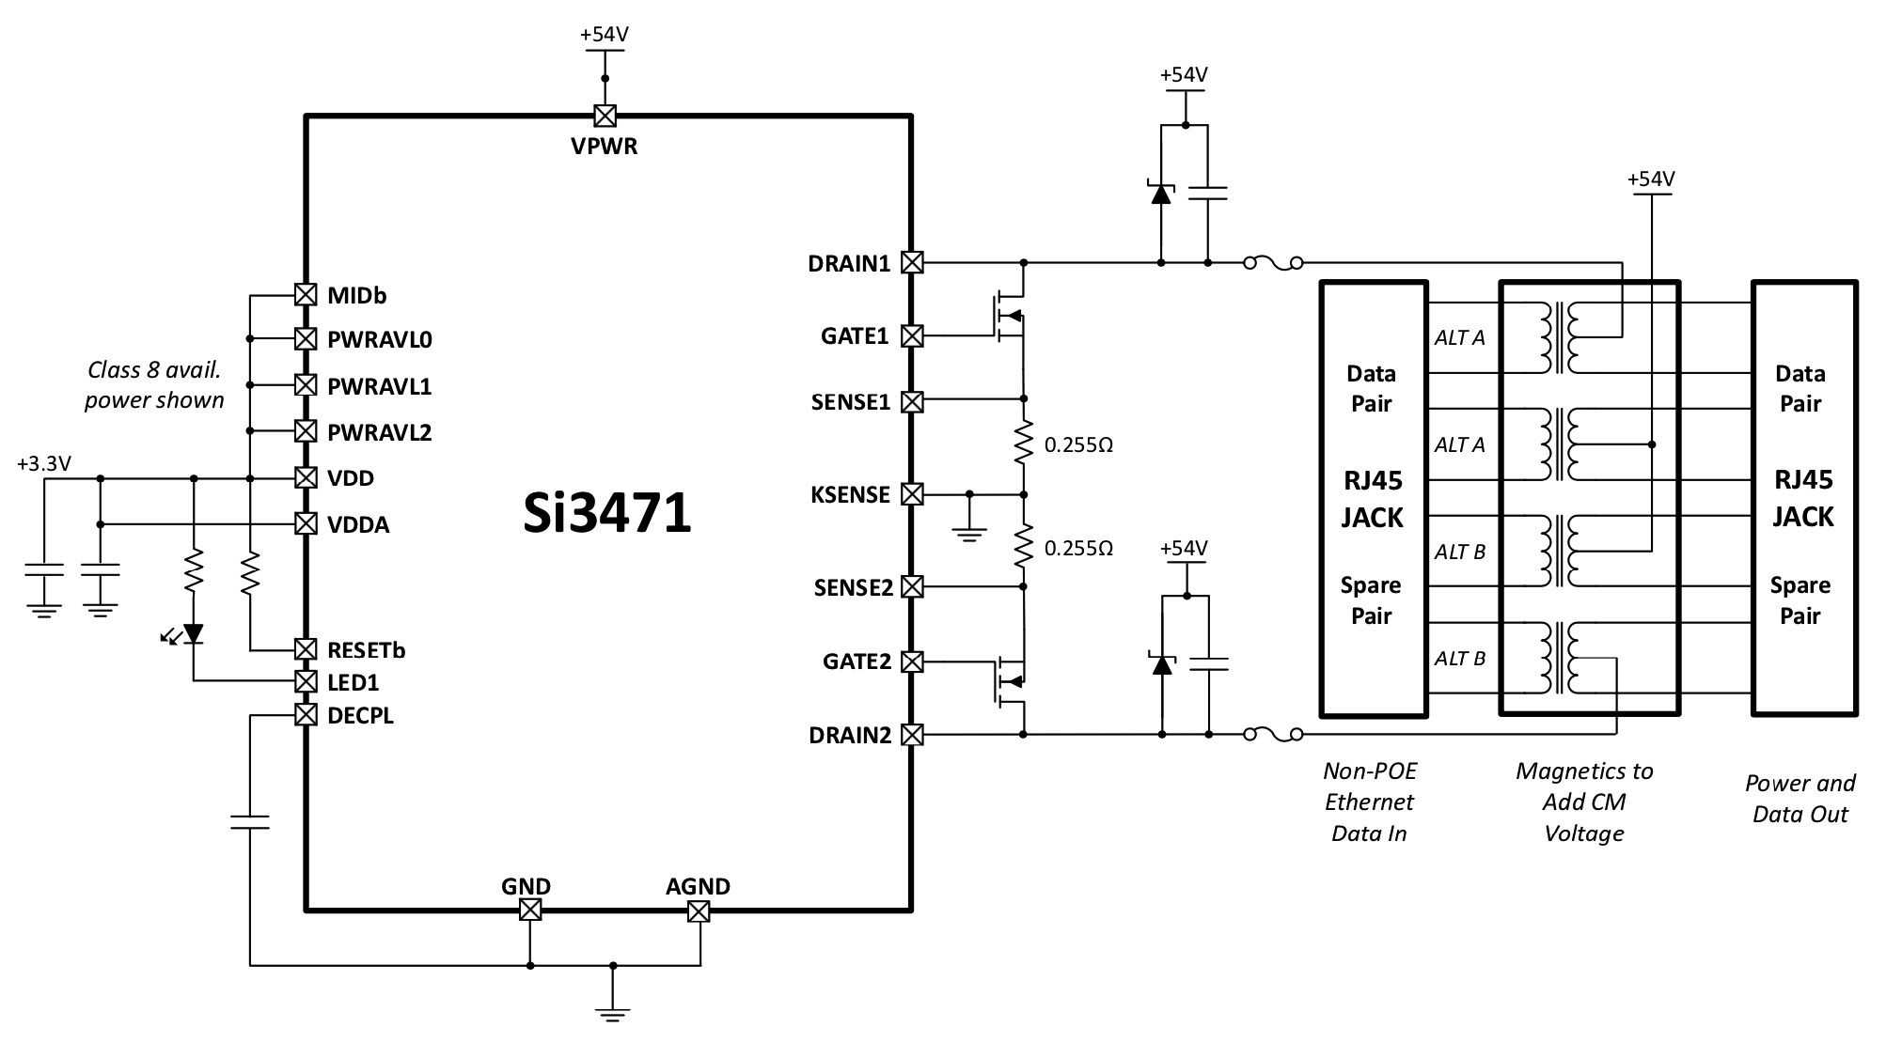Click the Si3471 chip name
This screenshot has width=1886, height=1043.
pos(607,514)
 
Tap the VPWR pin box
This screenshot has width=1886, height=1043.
pos(605,116)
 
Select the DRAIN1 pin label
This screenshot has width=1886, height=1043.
pos(849,264)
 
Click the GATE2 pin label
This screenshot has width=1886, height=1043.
pos(857,662)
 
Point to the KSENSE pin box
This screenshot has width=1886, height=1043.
pos(911,493)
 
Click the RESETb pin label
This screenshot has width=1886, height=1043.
pos(366,650)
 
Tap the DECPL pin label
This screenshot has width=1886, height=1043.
pos(360,716)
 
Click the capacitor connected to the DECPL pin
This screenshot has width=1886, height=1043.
pos(250,822)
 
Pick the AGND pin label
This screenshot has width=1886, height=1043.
pos(698,886)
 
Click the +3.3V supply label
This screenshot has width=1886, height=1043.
pos(44,463)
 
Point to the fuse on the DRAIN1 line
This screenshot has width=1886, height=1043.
pos(1274,264)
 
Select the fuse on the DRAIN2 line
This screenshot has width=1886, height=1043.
pos(1274,735)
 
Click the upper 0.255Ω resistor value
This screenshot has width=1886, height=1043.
pos(1078,445)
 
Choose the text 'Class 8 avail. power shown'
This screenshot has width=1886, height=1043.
pos(154,385)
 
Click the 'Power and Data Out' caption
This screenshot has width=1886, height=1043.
pos(1800,799)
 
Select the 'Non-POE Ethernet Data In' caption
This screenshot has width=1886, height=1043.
pos(1369,802)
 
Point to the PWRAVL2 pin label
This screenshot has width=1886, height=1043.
pos(379,433)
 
